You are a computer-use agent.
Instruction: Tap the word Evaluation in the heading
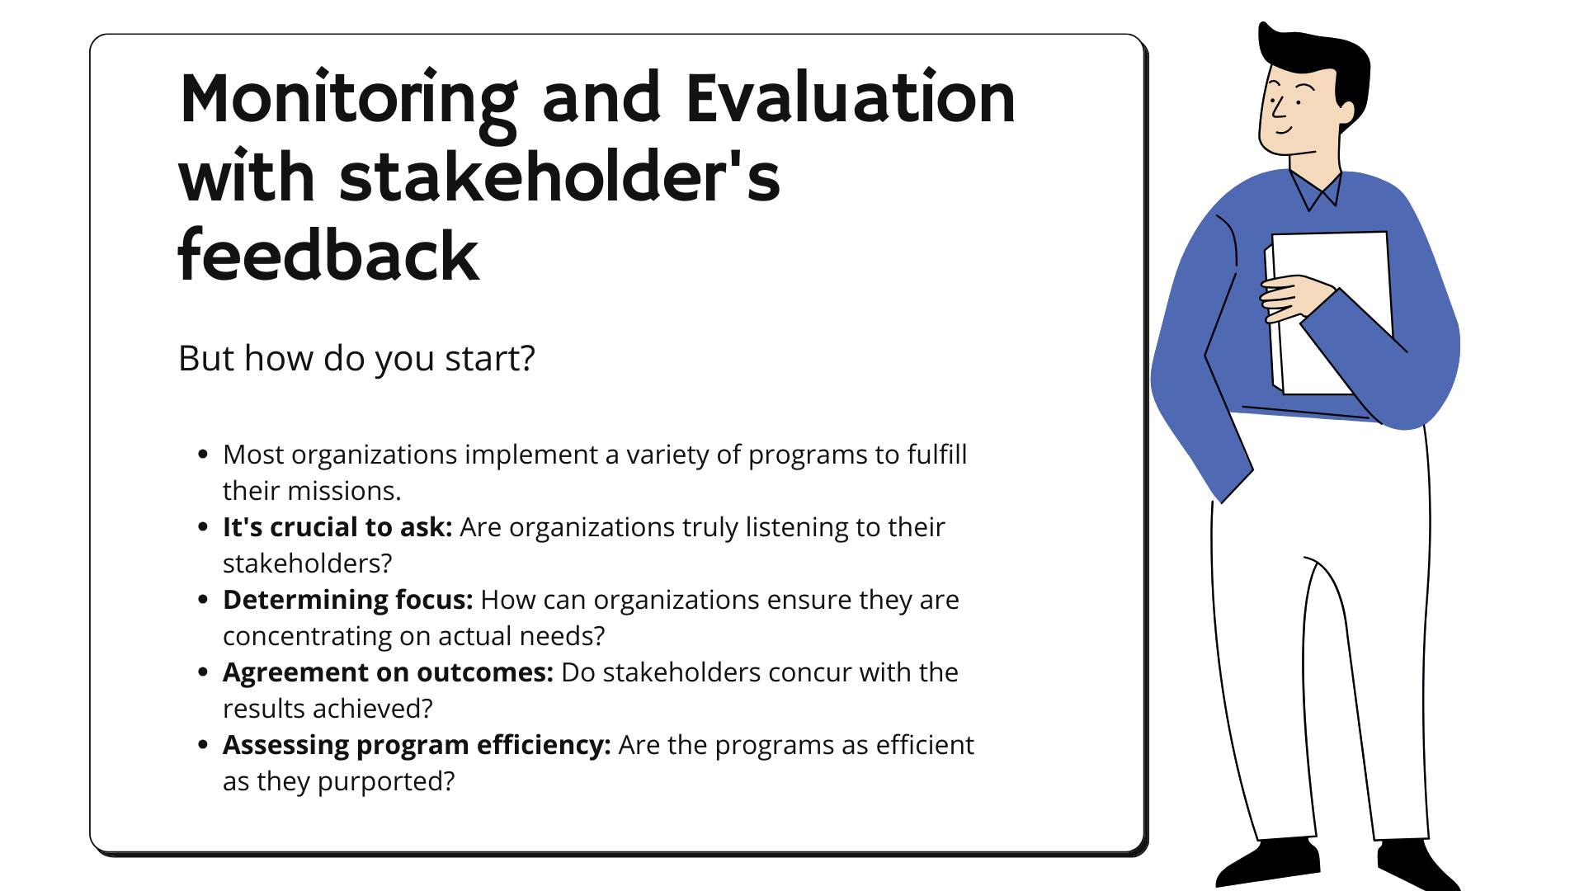[x=850, y=99]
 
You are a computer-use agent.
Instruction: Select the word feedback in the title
[x=328, y=256]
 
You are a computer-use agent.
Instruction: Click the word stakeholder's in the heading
[x=559, y=177]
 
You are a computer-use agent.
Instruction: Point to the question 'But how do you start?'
[x=356, y=358]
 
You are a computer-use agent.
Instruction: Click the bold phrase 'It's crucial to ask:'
[x=337, y=527]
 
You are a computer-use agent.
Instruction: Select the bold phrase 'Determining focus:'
[x=347, y=600]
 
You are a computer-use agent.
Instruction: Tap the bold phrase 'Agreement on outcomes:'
[x=388, y=672]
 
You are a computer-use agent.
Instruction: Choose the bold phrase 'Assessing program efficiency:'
[x=417, y=745]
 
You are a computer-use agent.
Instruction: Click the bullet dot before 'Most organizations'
[x=203, y=455]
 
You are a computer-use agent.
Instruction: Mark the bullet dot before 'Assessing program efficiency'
[x=203, y=745]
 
